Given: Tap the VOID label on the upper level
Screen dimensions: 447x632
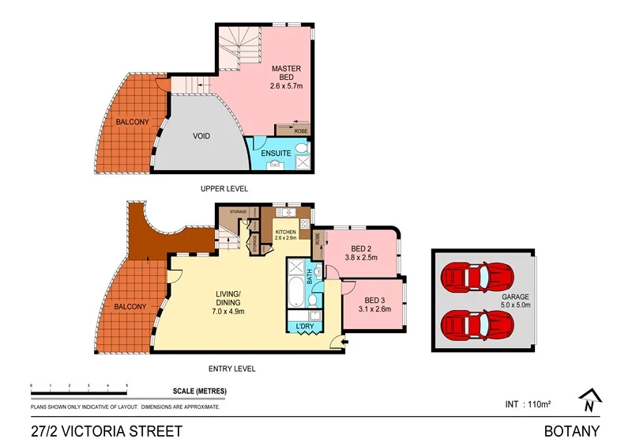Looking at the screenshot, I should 201,136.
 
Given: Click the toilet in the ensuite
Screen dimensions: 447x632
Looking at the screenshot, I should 303,146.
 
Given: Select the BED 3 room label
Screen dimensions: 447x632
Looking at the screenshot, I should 374,300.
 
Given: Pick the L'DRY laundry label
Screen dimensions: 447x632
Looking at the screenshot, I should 304,328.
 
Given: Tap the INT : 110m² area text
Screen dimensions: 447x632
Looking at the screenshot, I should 527,404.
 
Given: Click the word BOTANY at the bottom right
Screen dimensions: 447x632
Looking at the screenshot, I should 571,431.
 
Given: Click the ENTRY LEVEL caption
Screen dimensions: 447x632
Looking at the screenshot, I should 231,369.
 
